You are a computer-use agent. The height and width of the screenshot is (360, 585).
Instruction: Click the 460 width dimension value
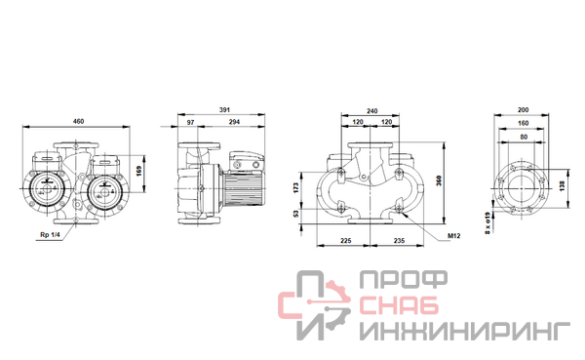pos(78,121)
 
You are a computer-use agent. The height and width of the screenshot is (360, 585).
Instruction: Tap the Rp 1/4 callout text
pos(50,235)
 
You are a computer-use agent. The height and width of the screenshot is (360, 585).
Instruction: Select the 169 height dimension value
pos(139,172)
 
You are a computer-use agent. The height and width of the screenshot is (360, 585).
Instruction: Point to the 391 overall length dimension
pos(224,110)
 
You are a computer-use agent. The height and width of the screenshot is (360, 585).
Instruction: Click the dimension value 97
pos(191,122)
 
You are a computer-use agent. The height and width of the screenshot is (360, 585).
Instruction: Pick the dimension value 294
pos(234,122)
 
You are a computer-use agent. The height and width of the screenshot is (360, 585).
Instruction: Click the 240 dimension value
pos(372,111)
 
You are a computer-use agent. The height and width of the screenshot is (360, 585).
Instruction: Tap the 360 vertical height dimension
pos(439,180)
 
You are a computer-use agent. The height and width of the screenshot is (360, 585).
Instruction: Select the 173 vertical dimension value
pos(296,187)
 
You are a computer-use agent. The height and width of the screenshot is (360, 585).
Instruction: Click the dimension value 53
pos(296,214)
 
